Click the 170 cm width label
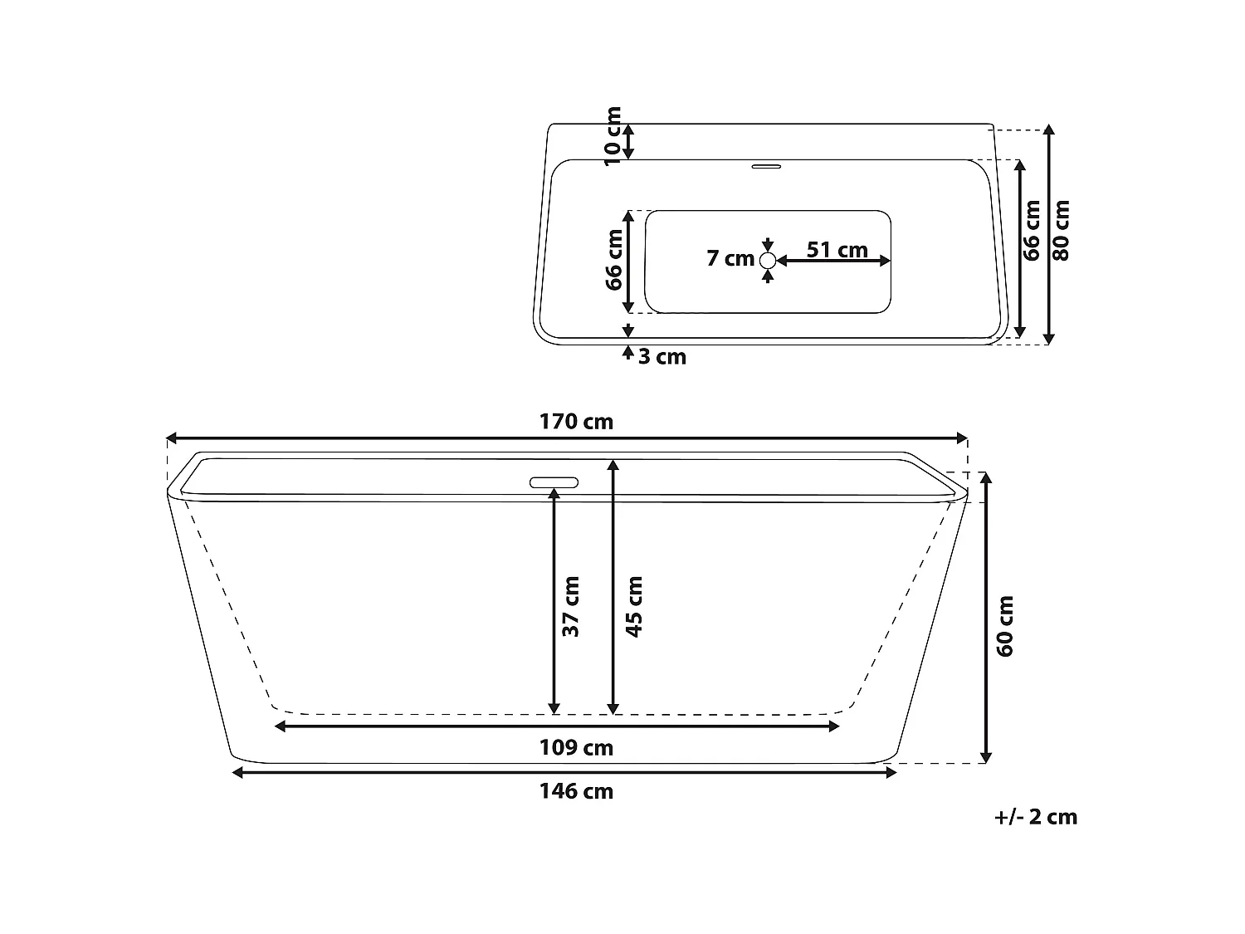[576, 422]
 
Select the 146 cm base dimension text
[576, 791]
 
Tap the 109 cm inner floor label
[576, 748]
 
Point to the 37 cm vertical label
[571, 606]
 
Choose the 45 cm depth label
[634, 606]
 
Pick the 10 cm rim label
[613, 136]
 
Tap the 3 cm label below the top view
[662, 357]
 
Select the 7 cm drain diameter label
[730, 258]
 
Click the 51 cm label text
[837, 249]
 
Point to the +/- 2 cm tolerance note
[1035, 817]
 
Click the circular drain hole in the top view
[768, 261]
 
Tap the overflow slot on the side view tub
[554, 482]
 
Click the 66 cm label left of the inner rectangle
[614, 259]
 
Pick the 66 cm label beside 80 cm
[1032, 230]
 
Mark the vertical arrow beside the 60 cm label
[985, 617]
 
